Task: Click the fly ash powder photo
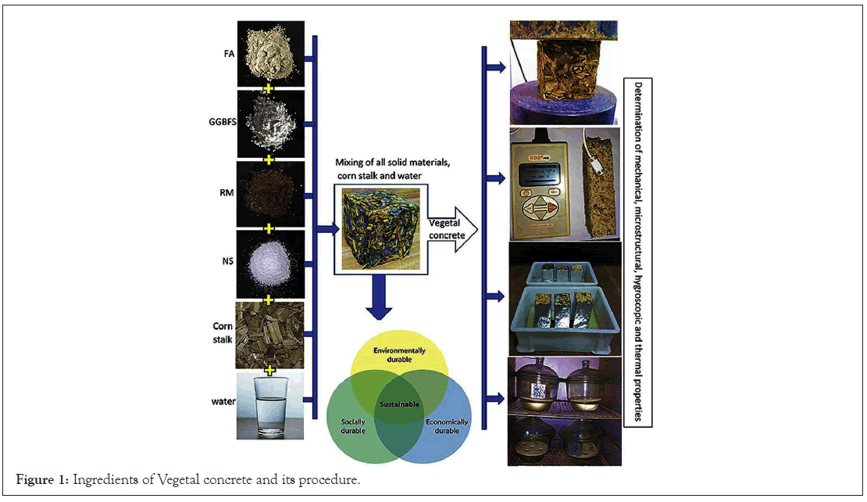pyautogui.click(x=270, y=51)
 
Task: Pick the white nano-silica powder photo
pyautogui.click(x=270, y=262)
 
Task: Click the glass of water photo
pyautogui.click(x=270, y=404)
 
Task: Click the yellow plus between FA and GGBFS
pyautogui.click(x=269, y=88)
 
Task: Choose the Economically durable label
pyautogui.click(x=447, y=426)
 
